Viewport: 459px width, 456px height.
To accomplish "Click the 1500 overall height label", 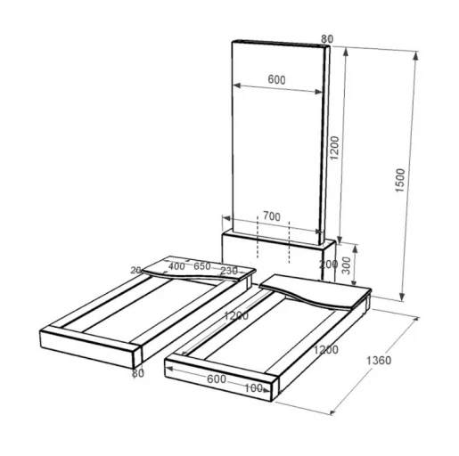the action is click(x=400, y=180).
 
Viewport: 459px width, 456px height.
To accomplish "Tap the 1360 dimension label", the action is click(x=379, y=361).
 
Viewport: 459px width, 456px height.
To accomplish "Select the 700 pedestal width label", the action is click(x=272, y=216).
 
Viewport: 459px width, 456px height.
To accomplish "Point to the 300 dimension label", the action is click(x=347, y=265).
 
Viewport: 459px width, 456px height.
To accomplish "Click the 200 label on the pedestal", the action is click(x=328, y=264).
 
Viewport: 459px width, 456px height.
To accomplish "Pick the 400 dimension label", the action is click(x=176, y=266).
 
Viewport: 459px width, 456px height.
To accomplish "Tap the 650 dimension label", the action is click(x=202, y=266).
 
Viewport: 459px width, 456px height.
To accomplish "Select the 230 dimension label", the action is click(x=229, y=271).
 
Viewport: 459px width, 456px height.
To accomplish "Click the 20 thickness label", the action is click(x=135, y=270).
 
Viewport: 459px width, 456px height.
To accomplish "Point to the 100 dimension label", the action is click(x=253, y=388).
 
